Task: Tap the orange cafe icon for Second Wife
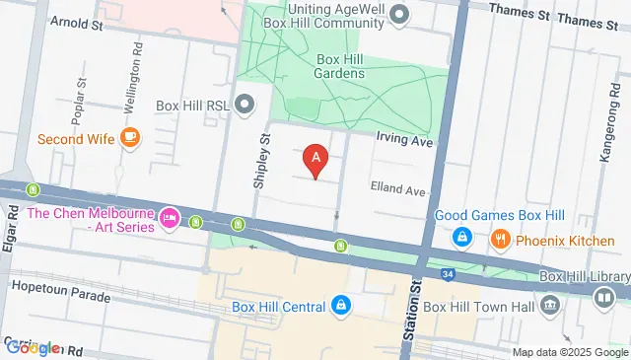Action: tap(129, 138)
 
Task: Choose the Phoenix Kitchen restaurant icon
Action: tap(501, 238)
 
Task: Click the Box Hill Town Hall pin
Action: tap(549, 306)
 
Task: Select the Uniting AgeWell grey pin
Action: tap(399, 14)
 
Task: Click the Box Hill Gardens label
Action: tap(341, 65)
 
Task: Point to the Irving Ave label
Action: tap(404, 142)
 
